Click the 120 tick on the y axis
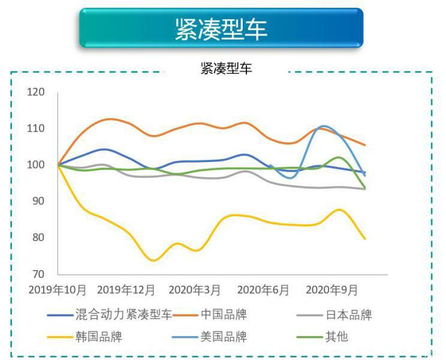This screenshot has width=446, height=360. pos(36,92)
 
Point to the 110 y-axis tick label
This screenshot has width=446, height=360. pos(36,128)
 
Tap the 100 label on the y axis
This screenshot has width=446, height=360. pos(36,165)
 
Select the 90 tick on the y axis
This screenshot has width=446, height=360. pos(38,201)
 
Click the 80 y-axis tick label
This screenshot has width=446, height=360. pos(38,238)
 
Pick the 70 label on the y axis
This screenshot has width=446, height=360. pos(38,274)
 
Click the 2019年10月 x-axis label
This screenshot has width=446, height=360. pos(58,290)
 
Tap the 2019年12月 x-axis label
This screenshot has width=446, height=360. pos(126,290)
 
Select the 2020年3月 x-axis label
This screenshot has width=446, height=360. pos(194,290)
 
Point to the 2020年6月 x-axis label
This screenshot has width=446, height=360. pos(263,290)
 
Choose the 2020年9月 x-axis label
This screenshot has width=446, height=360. pos(332,290)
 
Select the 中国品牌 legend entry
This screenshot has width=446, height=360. pos(224,314)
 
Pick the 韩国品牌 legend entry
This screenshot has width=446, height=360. pos(98,336)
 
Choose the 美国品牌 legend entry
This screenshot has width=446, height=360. pos(224,336)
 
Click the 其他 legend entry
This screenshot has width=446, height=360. pos(336,336)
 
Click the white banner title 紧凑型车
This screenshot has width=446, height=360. pos(221,28)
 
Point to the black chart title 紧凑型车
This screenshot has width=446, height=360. pos(226,68)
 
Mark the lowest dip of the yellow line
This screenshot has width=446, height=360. pos(153,260)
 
